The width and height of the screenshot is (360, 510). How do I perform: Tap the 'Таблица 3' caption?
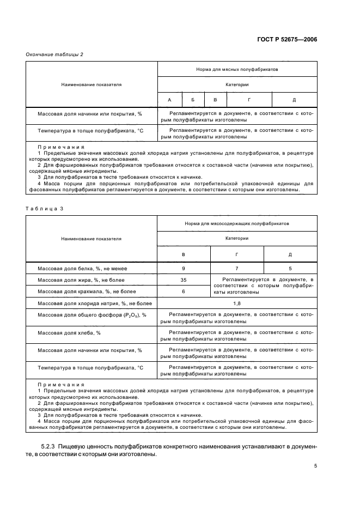(45, 208)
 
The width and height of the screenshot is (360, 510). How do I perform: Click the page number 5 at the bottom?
(315, 465)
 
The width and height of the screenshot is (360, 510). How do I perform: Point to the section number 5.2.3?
(48, 447)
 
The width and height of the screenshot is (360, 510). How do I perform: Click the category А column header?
(169, 100)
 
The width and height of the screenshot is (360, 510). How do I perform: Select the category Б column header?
(192, 100)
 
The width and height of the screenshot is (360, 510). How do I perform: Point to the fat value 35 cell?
(184, 280)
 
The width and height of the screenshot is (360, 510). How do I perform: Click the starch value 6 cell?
(184, 292)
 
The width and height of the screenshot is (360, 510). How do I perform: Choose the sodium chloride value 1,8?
(237, 303)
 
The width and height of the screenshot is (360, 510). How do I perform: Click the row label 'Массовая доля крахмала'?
(82, 292)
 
